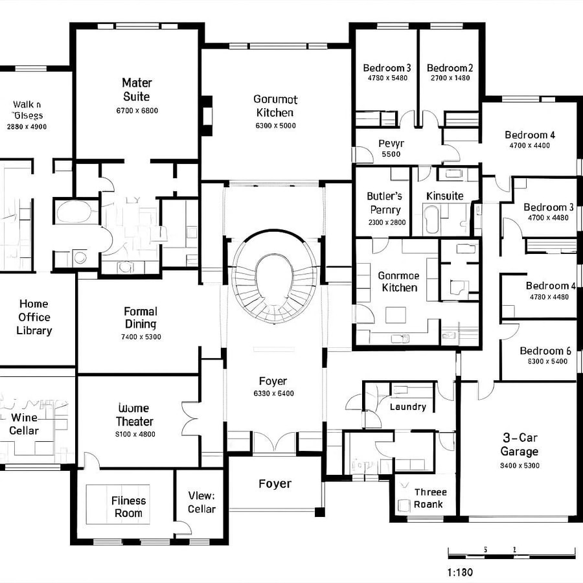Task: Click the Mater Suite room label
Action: (137, 89)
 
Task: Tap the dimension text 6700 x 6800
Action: (137, 111)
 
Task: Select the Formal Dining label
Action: (141, 317)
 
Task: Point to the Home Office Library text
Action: (34, 317)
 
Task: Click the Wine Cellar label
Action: (24, 424)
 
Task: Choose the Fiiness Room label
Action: (128, 507)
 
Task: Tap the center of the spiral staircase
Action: (275, 273)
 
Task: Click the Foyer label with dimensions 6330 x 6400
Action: (273, 382)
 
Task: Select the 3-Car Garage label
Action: (520, 444)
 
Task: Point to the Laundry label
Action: (408, 407)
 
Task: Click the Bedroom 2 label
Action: (450, 68)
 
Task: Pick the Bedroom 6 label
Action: (545, 351)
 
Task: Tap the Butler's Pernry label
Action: (385, 203)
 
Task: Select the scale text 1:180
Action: (460, 572)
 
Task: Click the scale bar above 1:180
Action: (511, 553)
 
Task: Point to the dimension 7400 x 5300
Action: (141, 337)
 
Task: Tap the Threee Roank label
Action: (429, 498)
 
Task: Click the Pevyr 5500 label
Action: (391, 148)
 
